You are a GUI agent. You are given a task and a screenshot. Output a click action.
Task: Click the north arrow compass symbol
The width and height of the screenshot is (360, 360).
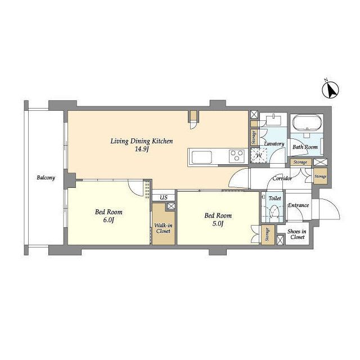(x=331, y=91)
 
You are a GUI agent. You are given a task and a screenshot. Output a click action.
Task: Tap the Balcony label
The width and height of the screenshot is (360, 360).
(x=46, y=178)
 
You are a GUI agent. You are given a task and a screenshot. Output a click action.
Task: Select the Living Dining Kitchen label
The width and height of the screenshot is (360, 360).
(x=142, y=141)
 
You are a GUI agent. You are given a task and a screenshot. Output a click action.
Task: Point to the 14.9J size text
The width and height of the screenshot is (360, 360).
(x=142, y=149)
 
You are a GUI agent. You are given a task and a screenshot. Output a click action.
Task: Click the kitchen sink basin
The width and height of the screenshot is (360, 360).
(x=202, y=157)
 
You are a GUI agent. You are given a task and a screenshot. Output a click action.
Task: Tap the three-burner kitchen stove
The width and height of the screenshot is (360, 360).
(x=237, y=156)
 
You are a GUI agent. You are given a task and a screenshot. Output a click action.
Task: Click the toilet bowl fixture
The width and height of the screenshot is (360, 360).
(x=274, y=211)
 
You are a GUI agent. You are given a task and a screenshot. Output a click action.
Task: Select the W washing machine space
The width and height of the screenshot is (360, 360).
(x=259, y=155)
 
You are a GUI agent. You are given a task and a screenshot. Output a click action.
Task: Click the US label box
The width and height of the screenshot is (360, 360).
(x=164, y=197)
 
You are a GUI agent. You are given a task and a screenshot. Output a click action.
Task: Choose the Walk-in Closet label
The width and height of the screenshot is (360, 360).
(x=163, y=228)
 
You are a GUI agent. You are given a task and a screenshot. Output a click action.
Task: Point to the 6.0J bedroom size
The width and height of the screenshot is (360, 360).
(x=109, y=220)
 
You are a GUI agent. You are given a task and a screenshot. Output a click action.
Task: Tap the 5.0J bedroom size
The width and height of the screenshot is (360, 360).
(x=218, y=224)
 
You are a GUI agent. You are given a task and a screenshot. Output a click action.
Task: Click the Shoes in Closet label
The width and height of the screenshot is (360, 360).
(x=297, y=234)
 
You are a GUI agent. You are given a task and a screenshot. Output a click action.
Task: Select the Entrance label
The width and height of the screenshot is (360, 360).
(x=299, y=205)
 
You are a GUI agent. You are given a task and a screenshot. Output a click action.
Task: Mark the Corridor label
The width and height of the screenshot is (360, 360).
(x=282, y=178)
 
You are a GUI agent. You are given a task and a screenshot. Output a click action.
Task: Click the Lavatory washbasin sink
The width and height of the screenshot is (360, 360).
(x=273, y=119)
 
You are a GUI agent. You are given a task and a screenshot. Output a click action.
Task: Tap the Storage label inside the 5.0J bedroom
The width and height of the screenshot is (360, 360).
(x=267, y=235)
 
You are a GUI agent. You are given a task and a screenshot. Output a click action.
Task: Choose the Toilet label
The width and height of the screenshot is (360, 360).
(x=275, y=198)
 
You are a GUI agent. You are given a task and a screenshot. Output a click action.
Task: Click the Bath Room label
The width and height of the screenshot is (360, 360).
(x=305, y=147)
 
